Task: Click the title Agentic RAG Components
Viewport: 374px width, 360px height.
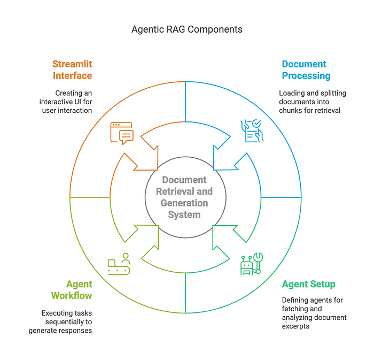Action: [x=186, y=29]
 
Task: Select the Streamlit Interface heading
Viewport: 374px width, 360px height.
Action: [x=72, y=70]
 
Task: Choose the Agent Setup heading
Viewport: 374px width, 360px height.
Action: [x=308, y=284]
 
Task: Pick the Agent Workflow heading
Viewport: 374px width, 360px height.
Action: [x=72, y=290]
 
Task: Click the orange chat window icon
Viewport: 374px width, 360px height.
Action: [x=121, y=133]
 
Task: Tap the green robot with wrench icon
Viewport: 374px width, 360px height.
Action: [x=251, y=264]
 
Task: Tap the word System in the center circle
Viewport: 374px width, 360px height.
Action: [x=184, y=215]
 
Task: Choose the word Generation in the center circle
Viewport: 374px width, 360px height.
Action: [x=184, y=203]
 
